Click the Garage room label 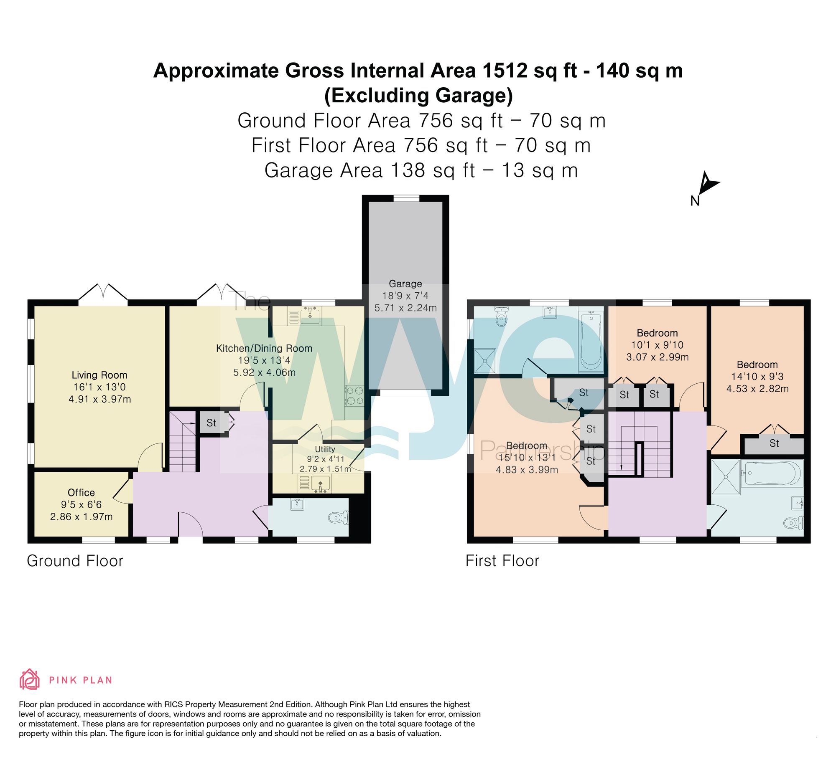coord(405,284)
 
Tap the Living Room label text coord(99,375)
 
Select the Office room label coord(81,493)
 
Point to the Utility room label coord(325,449)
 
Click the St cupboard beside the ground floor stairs coord(212,423)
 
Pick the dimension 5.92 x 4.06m coord(264,372)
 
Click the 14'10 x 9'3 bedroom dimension coord(757,377)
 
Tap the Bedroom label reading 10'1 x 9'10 coord(657,333)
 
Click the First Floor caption coord(502,561)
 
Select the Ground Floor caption coord(75,561)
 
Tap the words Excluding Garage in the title coord(418,96)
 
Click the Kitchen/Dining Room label coord(264,348)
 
